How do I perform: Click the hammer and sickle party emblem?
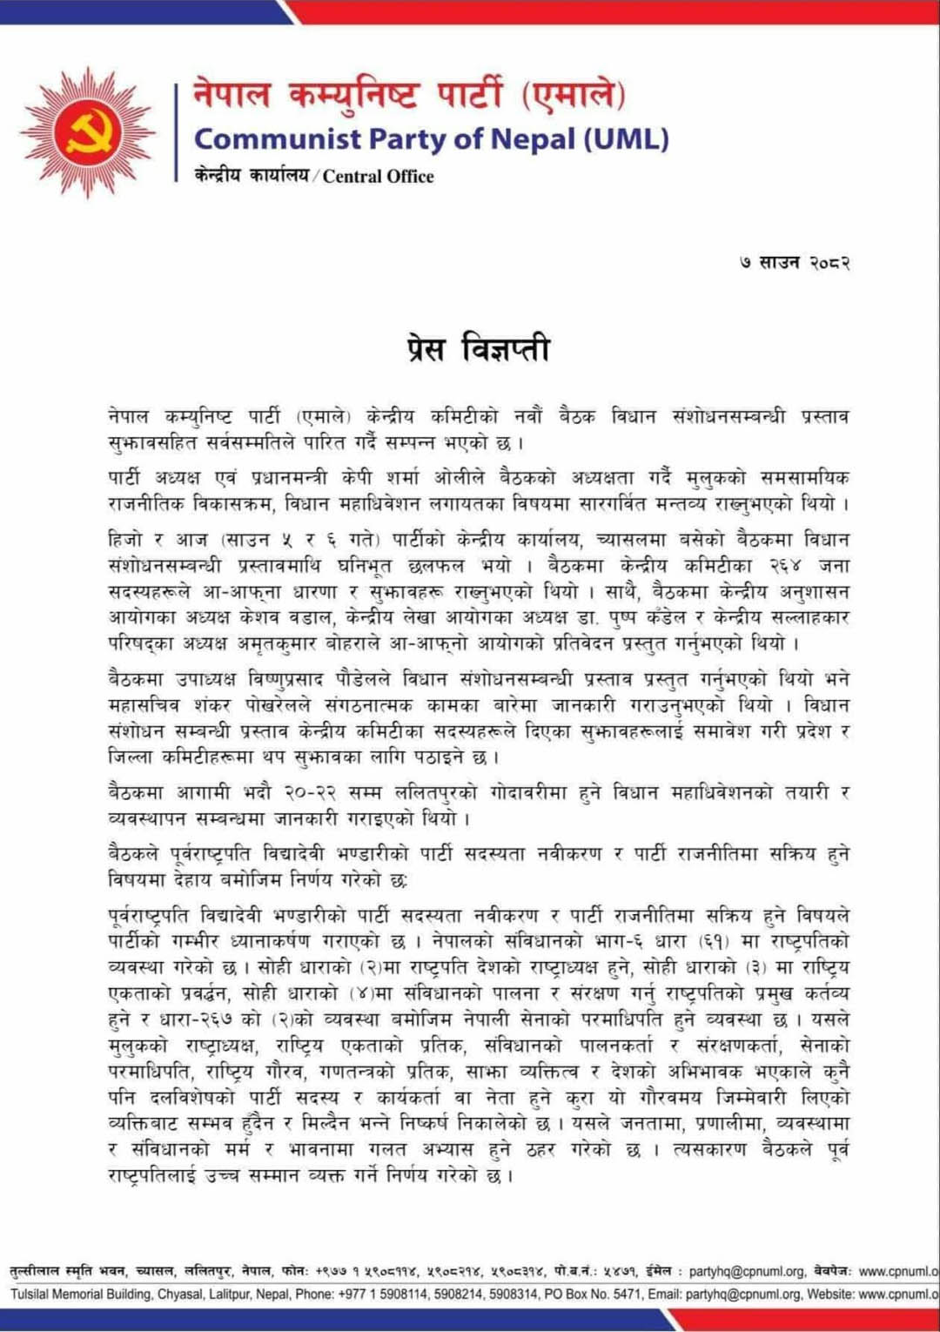(88, 132)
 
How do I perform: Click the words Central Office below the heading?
(379, 177)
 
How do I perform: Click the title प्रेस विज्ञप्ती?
(479, 348)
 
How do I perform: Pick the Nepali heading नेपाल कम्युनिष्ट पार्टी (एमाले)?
(409, 95)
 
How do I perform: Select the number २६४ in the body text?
(785, 566)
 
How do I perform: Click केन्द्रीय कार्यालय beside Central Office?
(252, 177)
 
